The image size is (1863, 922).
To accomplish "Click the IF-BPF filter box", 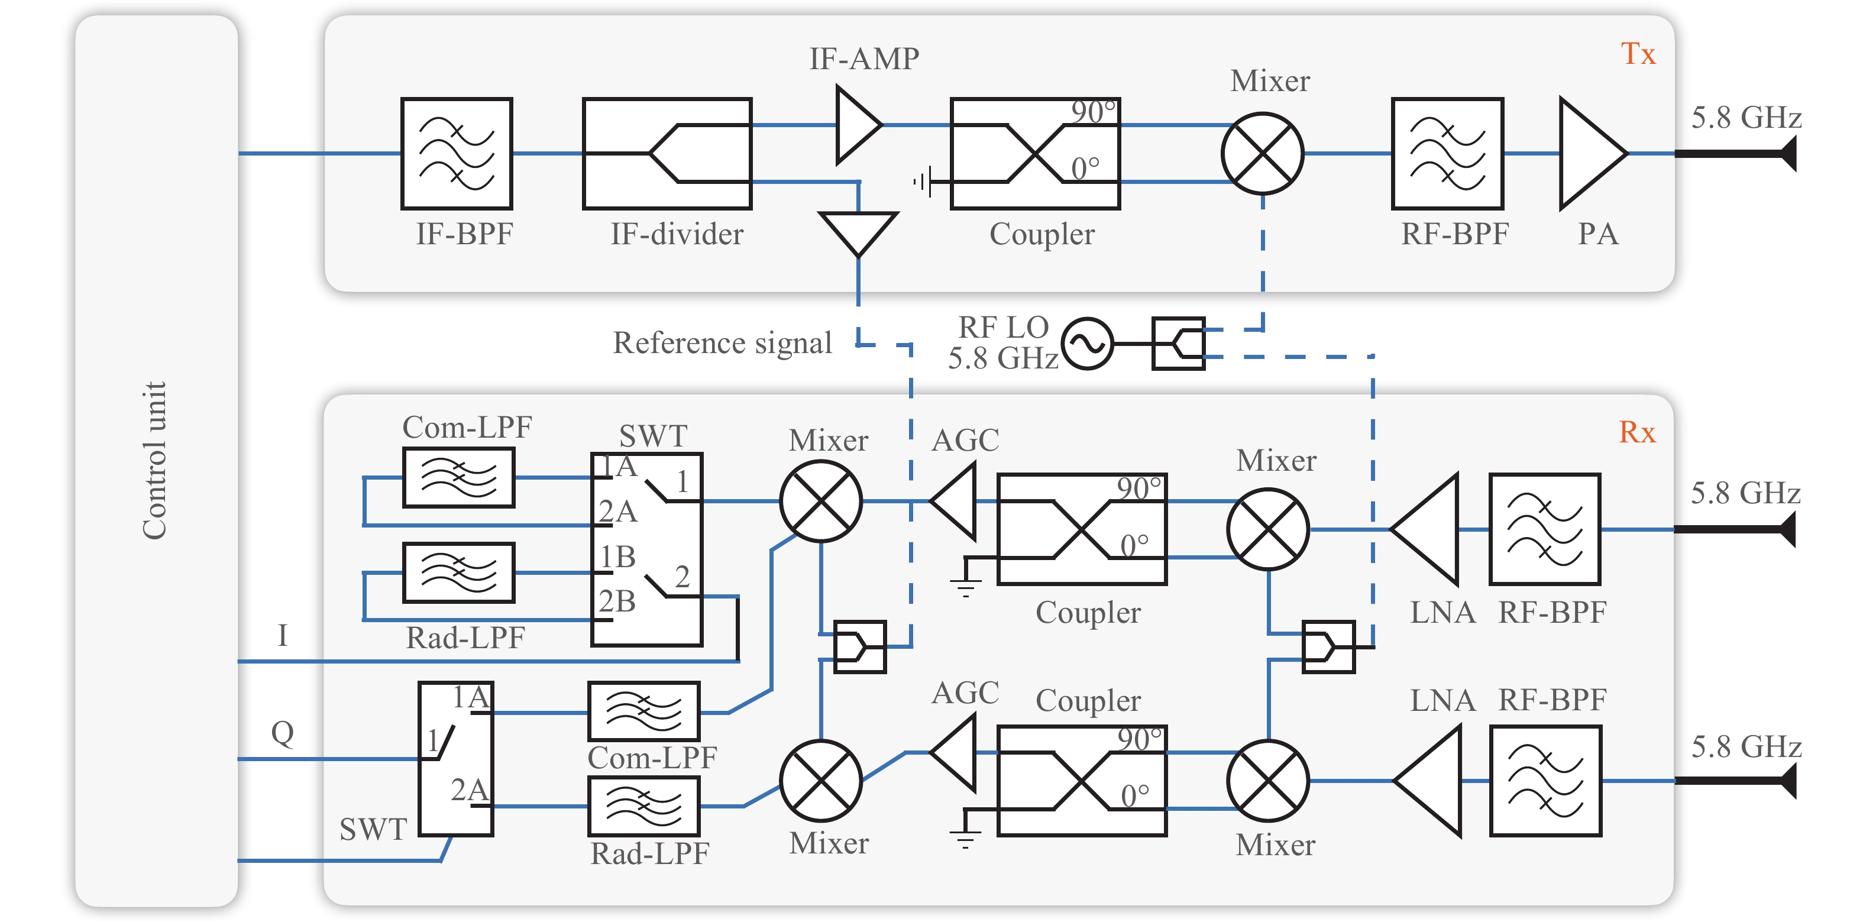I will (x=457, y=153).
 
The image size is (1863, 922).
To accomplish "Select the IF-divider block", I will (x=667, y=153).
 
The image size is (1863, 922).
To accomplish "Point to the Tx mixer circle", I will (x=1262, y=153).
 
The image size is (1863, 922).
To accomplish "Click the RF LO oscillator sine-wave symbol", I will (x=1087, y=344).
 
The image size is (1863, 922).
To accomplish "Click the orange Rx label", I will (x=1636, y=432).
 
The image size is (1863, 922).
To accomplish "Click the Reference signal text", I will (x=722, y=343).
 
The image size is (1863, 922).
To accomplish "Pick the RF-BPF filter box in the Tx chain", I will (x=1447, y=153).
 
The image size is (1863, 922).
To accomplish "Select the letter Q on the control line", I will (x=282, y=733).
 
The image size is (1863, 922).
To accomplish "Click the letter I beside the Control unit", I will (x=282, y=636).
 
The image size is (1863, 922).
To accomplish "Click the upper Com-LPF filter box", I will (x=458, y=477).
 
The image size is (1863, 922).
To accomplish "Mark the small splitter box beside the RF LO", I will (x=1178, y=344).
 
